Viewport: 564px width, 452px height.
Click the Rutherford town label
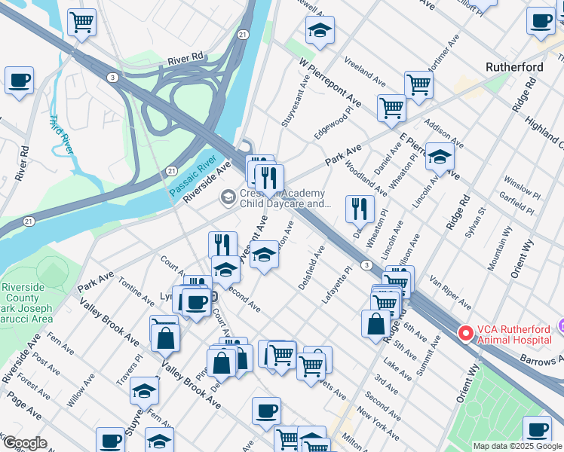[x=514, y=67]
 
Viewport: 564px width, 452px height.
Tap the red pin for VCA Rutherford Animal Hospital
[x=466, y=331]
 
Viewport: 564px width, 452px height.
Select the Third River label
[x=63, y=133]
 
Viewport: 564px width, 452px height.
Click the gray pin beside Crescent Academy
[x=227, y=197]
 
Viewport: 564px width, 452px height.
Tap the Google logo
[x=25, y=443]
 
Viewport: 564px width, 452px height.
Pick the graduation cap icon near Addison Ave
[x=440, y=157]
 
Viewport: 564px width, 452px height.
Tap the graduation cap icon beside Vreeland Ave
[x=320, y=30]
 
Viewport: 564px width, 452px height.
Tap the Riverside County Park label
[x=27, y=303]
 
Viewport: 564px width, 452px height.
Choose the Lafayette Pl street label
[x=337, y=284]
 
